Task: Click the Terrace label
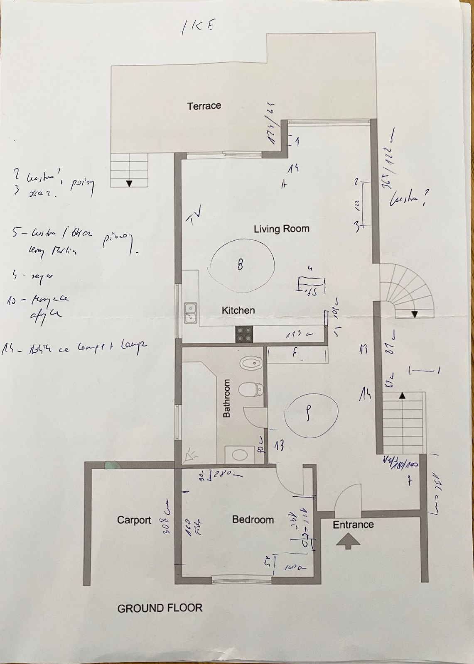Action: pyautogui.click(x=204, y=106)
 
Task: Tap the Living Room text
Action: pyautogui.click(x=282, y=229)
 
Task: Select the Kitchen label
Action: pyautogui.click(x=238, y=310)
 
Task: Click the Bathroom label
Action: pyautogui.click(x=227, y=398)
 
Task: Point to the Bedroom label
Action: pyautogui.click(x=253, y=520)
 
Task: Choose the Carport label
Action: pyautogui.click(x=134, y=520)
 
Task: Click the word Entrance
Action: pyautogui.click(x=353, y=525)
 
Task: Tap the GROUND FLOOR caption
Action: pyautogui.click(x=160, y=608)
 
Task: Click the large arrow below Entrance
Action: pyautogui.click(x=347, y=541)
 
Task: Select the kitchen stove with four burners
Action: pyautogui.click(x=244, y=334)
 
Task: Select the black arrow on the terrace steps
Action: pyautogui.click(x=129, y=183)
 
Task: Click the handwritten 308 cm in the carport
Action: pyautogui.click(x=167, y=513)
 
